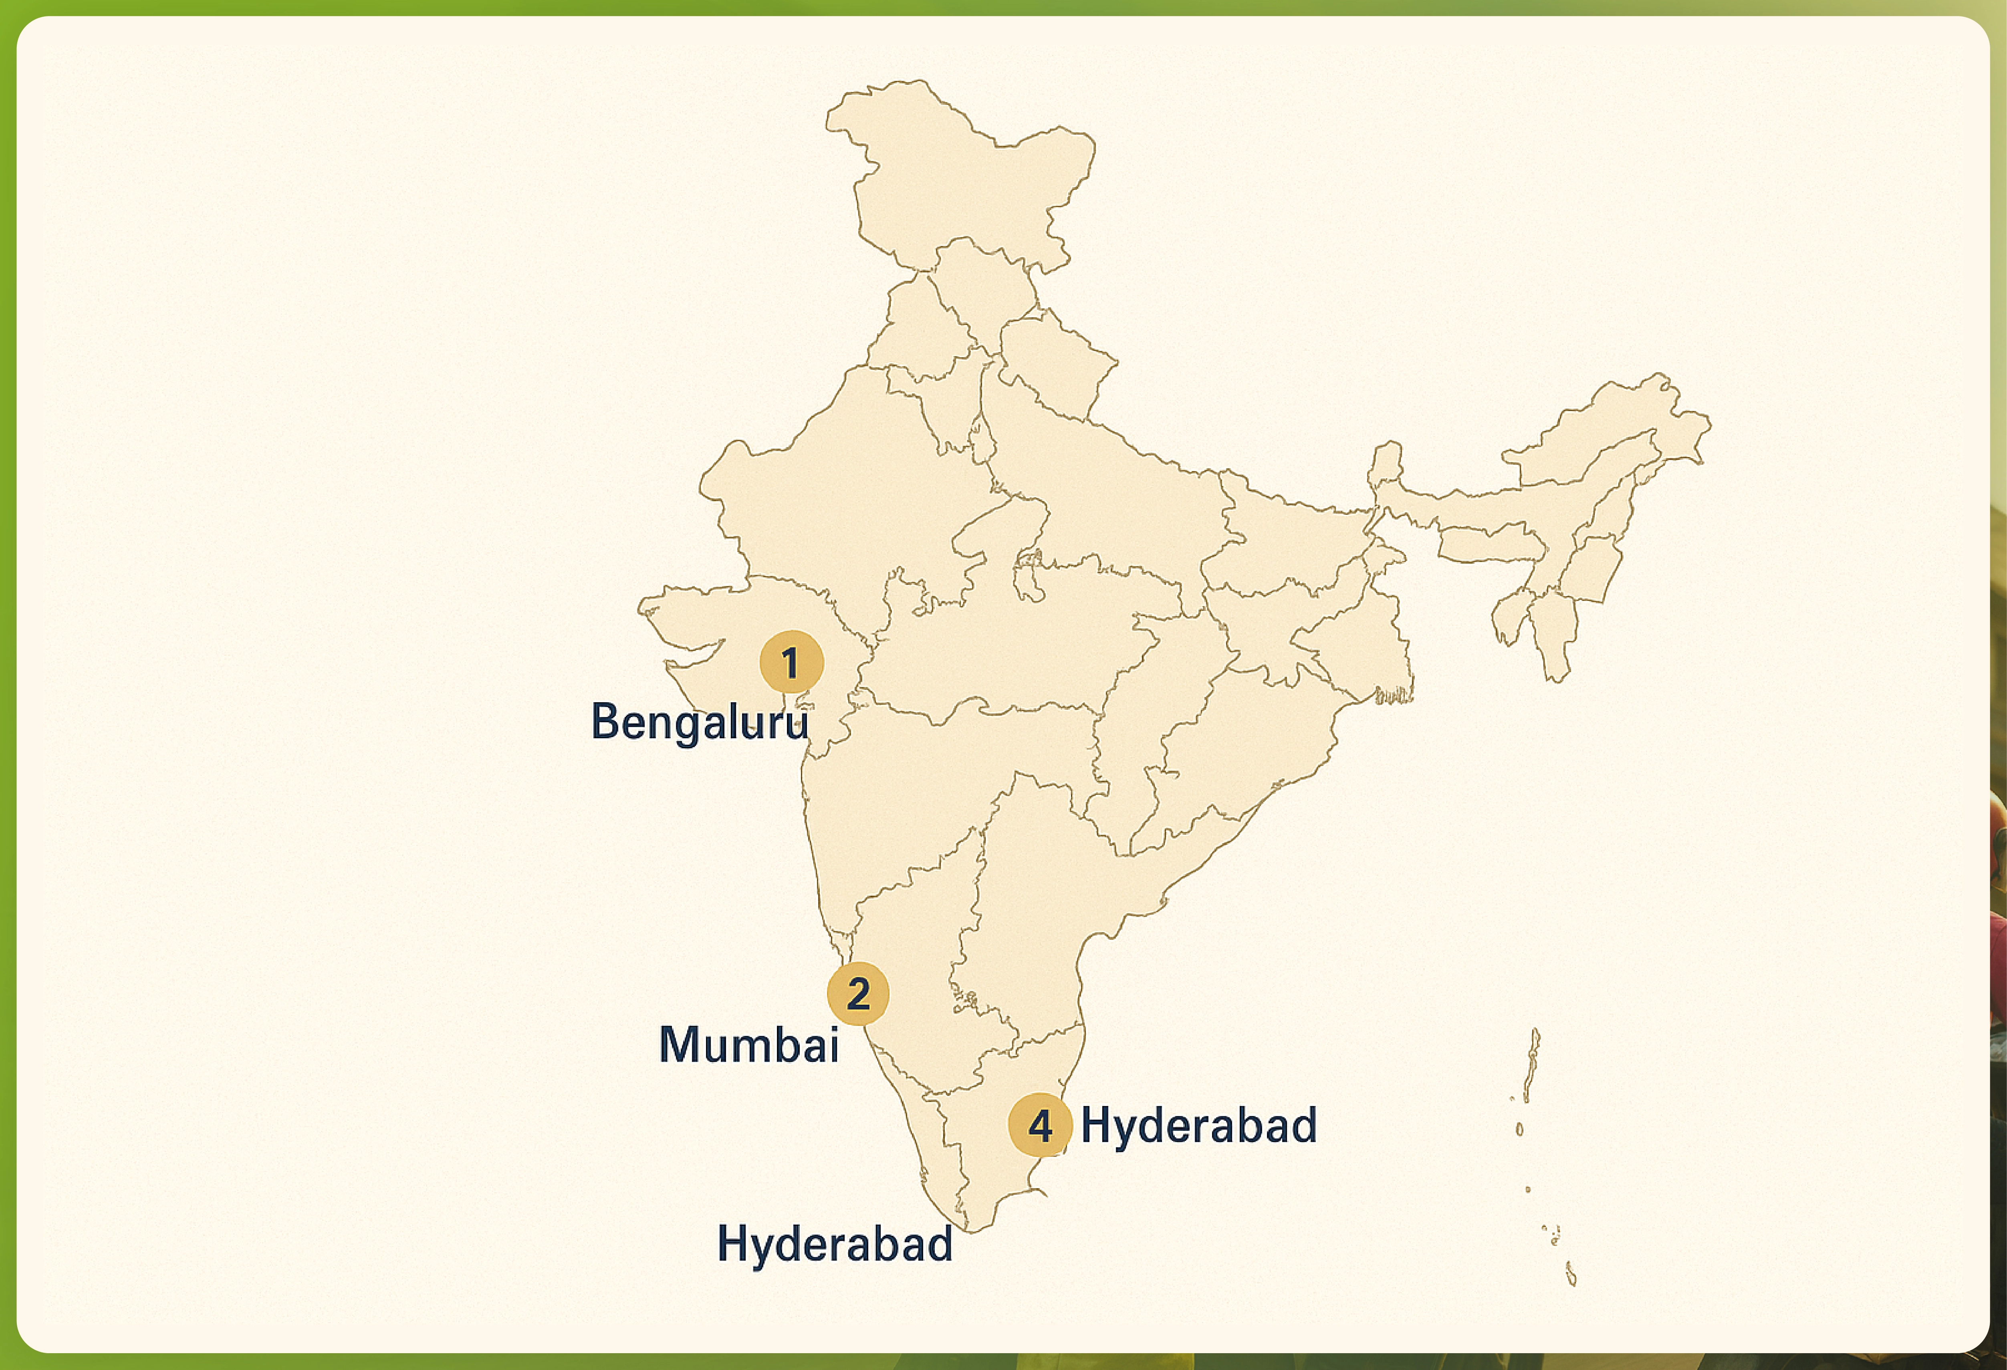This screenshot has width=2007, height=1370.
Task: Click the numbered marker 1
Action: coord(791,662)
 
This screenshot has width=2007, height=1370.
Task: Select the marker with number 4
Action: coord(1040,1125)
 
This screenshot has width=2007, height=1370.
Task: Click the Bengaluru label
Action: coord(700,722)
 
